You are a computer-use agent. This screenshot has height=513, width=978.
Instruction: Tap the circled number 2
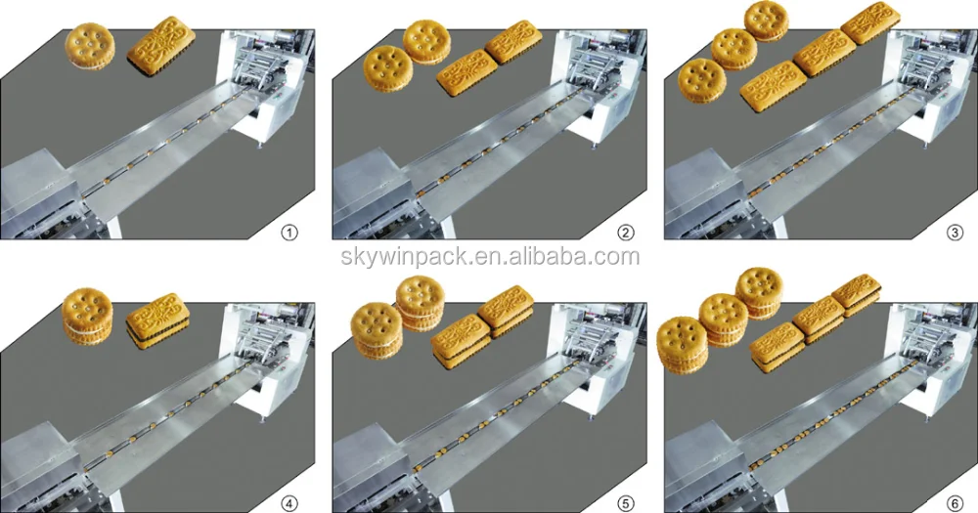[625, 233]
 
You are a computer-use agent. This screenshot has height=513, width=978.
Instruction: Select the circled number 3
[957, 233]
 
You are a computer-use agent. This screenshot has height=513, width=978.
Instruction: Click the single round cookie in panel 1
[90, 45]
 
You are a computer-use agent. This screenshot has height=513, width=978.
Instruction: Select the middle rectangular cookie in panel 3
[818, 55]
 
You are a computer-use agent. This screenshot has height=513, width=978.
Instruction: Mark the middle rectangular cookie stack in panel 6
[817, 318]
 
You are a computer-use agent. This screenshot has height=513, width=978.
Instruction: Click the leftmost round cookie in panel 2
[384, 69]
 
